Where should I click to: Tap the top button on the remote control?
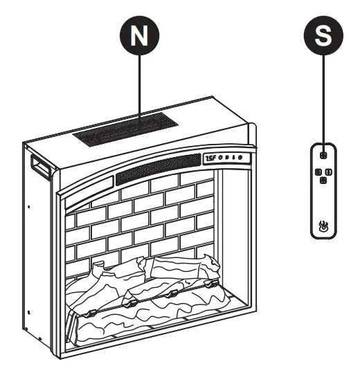coord(323,156)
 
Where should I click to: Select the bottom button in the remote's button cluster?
coord(323,181)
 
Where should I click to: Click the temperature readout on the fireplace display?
coord(210,159)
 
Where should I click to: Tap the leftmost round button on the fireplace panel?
coord(222,158)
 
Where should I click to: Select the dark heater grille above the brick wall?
coord(158,170)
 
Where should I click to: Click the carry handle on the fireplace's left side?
coord(39,166)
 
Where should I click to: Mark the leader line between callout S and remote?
coord(323,97)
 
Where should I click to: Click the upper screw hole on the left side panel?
coord(30,205)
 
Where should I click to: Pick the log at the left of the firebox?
coord(97,284)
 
